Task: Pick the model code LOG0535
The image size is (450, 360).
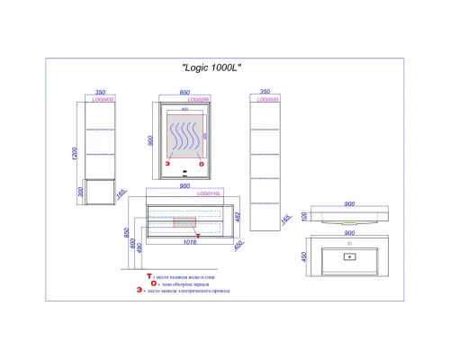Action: [x=266, y=100]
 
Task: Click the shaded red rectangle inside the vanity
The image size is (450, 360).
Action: [x=184, y=223]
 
